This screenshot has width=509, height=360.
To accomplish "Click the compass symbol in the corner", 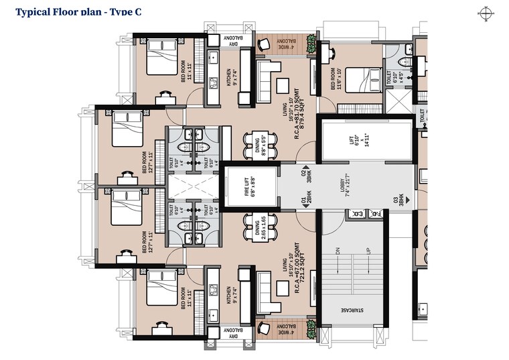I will coord(487,11).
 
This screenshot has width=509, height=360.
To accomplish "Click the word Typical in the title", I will coord(33,11).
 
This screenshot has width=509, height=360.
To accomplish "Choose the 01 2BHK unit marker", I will coord(306,200).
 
